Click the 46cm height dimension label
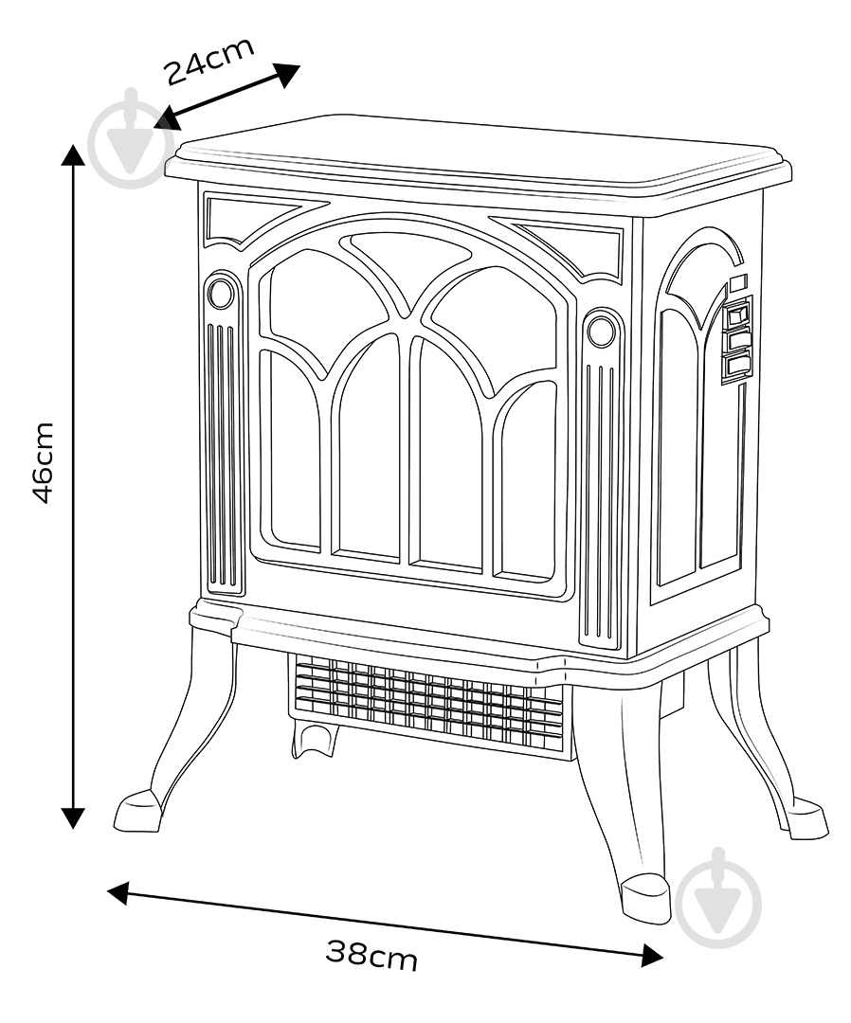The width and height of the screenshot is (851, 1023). point(43,462)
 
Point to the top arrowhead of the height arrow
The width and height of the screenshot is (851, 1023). point(73,156)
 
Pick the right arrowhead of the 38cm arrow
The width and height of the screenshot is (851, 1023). point(651,955)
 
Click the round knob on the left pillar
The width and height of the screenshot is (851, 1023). point(220,294)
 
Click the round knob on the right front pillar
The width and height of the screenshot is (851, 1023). point(601,330)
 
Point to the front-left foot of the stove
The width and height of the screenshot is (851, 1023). point(138,810)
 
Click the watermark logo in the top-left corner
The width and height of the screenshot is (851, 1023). point(131,139)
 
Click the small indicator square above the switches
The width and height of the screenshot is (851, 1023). point(738,283)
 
